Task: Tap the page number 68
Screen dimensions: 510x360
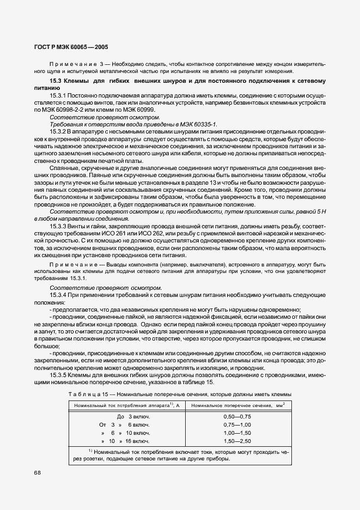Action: coord(38,472)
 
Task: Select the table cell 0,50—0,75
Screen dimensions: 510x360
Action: coord(237,416)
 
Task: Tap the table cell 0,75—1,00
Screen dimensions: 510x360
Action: coord(237,424)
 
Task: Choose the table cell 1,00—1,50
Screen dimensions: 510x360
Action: coord(237,433)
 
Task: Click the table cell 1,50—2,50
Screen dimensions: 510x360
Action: coord(237,441)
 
